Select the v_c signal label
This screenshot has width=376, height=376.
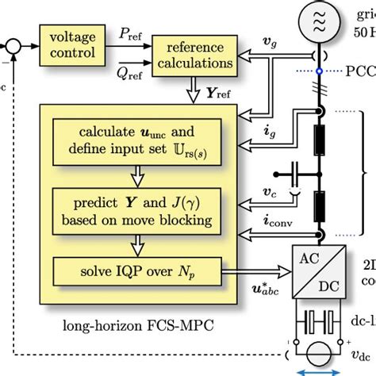tap(270, 192)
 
